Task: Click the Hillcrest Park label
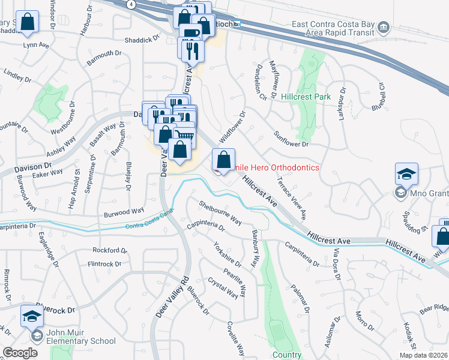click(306, 96)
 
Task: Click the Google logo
click(20, 353)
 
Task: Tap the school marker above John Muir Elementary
click(32, 316)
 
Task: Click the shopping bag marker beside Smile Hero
click(223, 160)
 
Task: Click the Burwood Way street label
click(124, 211)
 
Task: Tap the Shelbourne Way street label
click(220, 213)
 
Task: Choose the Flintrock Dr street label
click(104, 263)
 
